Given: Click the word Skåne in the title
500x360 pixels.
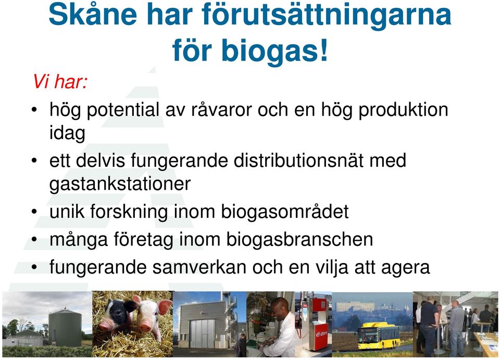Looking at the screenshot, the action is point(93,15).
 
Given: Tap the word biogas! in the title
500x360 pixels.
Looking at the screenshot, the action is point(274,51).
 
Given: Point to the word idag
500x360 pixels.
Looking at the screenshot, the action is point(67,133).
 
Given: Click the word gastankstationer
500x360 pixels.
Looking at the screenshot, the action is point(120,184).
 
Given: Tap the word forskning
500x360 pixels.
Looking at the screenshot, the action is point(129,212).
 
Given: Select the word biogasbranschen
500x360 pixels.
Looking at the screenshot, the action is point(299,239).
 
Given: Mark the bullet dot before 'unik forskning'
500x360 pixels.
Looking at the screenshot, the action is point(34,212).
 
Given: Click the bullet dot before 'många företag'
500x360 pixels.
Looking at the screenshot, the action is point(34,240).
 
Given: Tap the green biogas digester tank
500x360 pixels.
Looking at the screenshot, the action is point(65,328).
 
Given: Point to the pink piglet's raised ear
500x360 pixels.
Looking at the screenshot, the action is point(165,307).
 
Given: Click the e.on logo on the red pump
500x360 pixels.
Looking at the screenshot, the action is point(321,333).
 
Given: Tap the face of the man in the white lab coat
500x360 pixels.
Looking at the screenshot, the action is point(279,307).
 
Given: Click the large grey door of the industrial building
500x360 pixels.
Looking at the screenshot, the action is point(202,333).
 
